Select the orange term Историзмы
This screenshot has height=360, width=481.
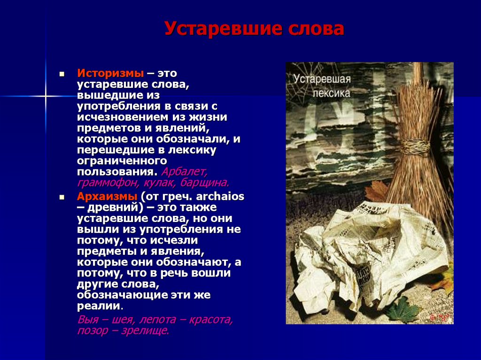[x=110, y=73]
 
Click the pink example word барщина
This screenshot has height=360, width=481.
[x=204, y=183]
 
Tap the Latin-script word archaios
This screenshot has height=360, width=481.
[x=220, y=196]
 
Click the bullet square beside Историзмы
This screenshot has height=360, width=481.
[x=62, y=74]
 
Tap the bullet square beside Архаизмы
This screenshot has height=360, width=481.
[x=62, y=197]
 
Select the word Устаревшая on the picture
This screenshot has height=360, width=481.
[x=322, y=79]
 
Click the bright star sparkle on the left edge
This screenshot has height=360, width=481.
[x=46, y=96]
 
